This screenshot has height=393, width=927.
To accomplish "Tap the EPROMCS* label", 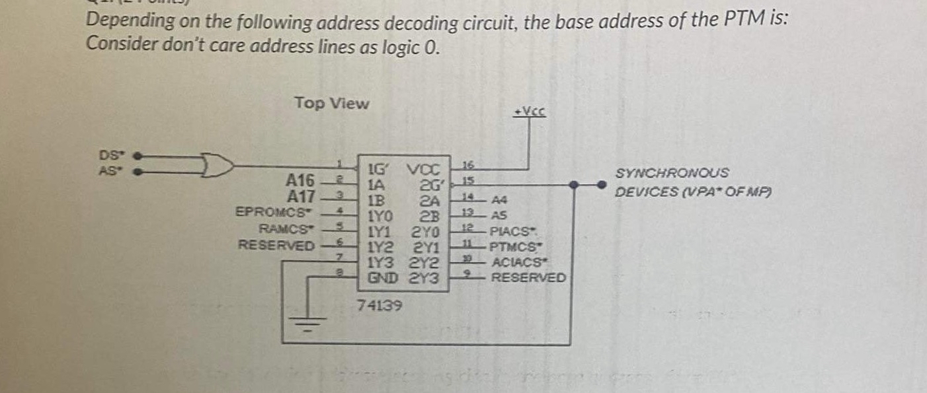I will (273, 212).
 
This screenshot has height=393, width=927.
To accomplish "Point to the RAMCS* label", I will (285, 229).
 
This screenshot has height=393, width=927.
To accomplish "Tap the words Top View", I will (332, 104).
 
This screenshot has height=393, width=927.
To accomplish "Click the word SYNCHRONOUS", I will (672, 173).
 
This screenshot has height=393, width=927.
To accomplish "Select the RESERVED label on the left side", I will (276, 246).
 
